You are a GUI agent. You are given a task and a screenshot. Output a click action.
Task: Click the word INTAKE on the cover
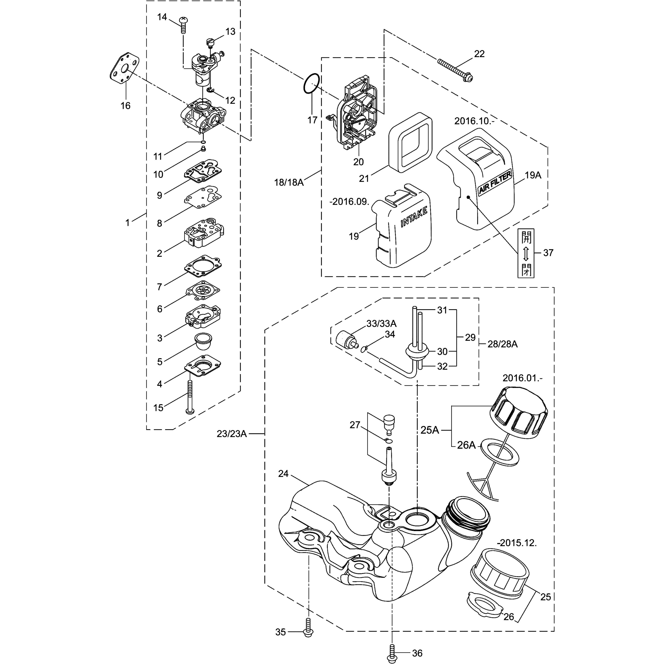[414, 217]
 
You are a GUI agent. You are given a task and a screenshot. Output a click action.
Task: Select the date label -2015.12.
[517, 543]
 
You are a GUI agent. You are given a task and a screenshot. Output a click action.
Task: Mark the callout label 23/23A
[232, 434]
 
